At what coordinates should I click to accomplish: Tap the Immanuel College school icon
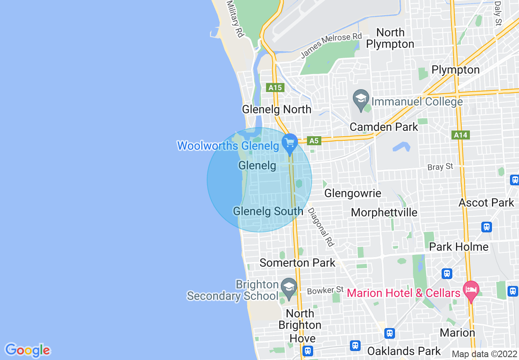361,99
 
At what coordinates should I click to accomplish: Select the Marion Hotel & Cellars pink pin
471,291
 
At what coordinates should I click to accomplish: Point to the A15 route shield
275,87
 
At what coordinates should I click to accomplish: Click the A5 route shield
314,141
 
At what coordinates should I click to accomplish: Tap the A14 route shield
460,135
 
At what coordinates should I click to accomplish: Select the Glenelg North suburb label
277,110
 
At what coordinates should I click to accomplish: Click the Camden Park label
384,127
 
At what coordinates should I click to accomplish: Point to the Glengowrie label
353,193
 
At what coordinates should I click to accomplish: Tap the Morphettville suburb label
384,212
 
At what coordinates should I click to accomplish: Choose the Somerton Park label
298,263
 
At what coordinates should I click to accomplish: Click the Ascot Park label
486,202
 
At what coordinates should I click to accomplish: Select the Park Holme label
459,247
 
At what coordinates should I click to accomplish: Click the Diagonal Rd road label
321,227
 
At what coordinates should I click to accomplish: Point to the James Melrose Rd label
332,45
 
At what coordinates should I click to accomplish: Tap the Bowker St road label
325,290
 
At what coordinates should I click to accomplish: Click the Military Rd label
235,19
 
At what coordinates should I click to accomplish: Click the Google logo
27,350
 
